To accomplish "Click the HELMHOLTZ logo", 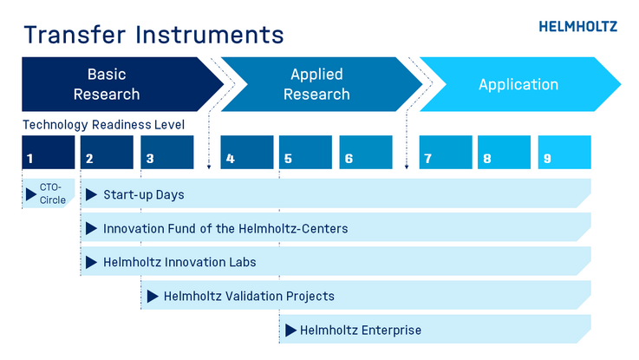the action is coord(577,27).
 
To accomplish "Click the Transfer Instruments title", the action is coord(153,34).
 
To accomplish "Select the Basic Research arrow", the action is coord(122,84).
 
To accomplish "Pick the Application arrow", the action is coord(520,84).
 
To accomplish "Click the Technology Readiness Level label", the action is coord(103,124).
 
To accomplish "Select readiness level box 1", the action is coord(49,152).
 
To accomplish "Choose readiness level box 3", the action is coord(167,152).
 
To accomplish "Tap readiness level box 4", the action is coord(247,152).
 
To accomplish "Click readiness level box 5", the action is coord(306,152).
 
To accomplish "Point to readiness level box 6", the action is coord(366,152).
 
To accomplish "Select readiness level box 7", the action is coord(446,152).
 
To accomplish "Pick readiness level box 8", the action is coord(504,152).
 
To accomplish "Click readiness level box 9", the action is coord(564,152).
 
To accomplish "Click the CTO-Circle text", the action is coord(52,193).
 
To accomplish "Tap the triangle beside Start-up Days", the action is coord(91,194).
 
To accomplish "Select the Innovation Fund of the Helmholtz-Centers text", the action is coord(225,229).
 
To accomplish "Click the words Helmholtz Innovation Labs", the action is coord(179,262).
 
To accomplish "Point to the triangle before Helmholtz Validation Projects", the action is coord(153,297).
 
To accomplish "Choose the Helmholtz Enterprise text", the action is coord(361,331).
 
